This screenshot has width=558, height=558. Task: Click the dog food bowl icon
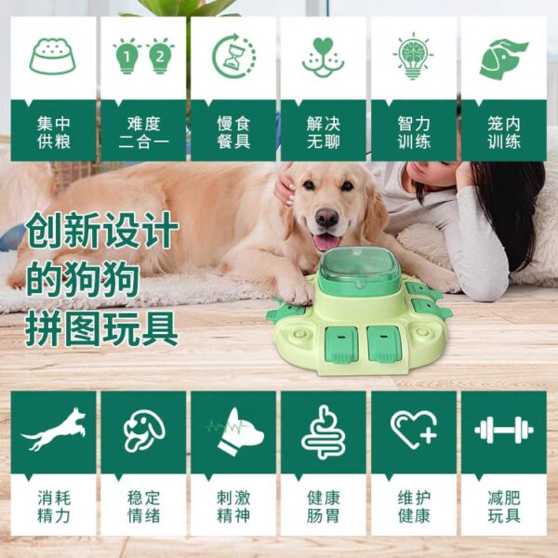click(53, 56)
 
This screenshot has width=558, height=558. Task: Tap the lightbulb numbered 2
click(160, 56)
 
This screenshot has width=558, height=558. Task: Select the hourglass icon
click(233, 56)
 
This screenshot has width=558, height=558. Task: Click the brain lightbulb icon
click(413, 56)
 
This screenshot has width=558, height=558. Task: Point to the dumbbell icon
click(503, 431)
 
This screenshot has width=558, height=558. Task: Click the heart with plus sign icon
click(414, 430)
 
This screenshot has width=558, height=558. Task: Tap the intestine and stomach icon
click(323, 432)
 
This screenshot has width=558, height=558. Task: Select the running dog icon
click(53, 429)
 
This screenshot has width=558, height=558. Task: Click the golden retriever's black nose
click(326, 217)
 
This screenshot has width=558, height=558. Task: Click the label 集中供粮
click(54, 132)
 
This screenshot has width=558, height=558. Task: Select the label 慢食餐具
click(233, 132)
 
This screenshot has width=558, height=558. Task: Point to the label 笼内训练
click(504, 132)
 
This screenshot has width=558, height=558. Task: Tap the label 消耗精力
click(54, 507)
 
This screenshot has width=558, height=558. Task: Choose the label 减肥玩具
click(504, 507)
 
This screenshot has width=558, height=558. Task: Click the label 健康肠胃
click(324, 507)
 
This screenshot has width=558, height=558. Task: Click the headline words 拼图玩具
click(101, 328)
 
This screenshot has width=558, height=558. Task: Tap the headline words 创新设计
click(101, 230)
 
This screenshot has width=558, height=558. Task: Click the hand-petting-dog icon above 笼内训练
click(503, 59)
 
